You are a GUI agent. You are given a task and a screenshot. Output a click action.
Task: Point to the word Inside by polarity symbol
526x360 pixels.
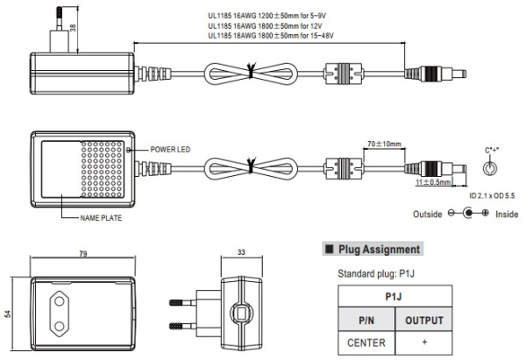tap(508, 213)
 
